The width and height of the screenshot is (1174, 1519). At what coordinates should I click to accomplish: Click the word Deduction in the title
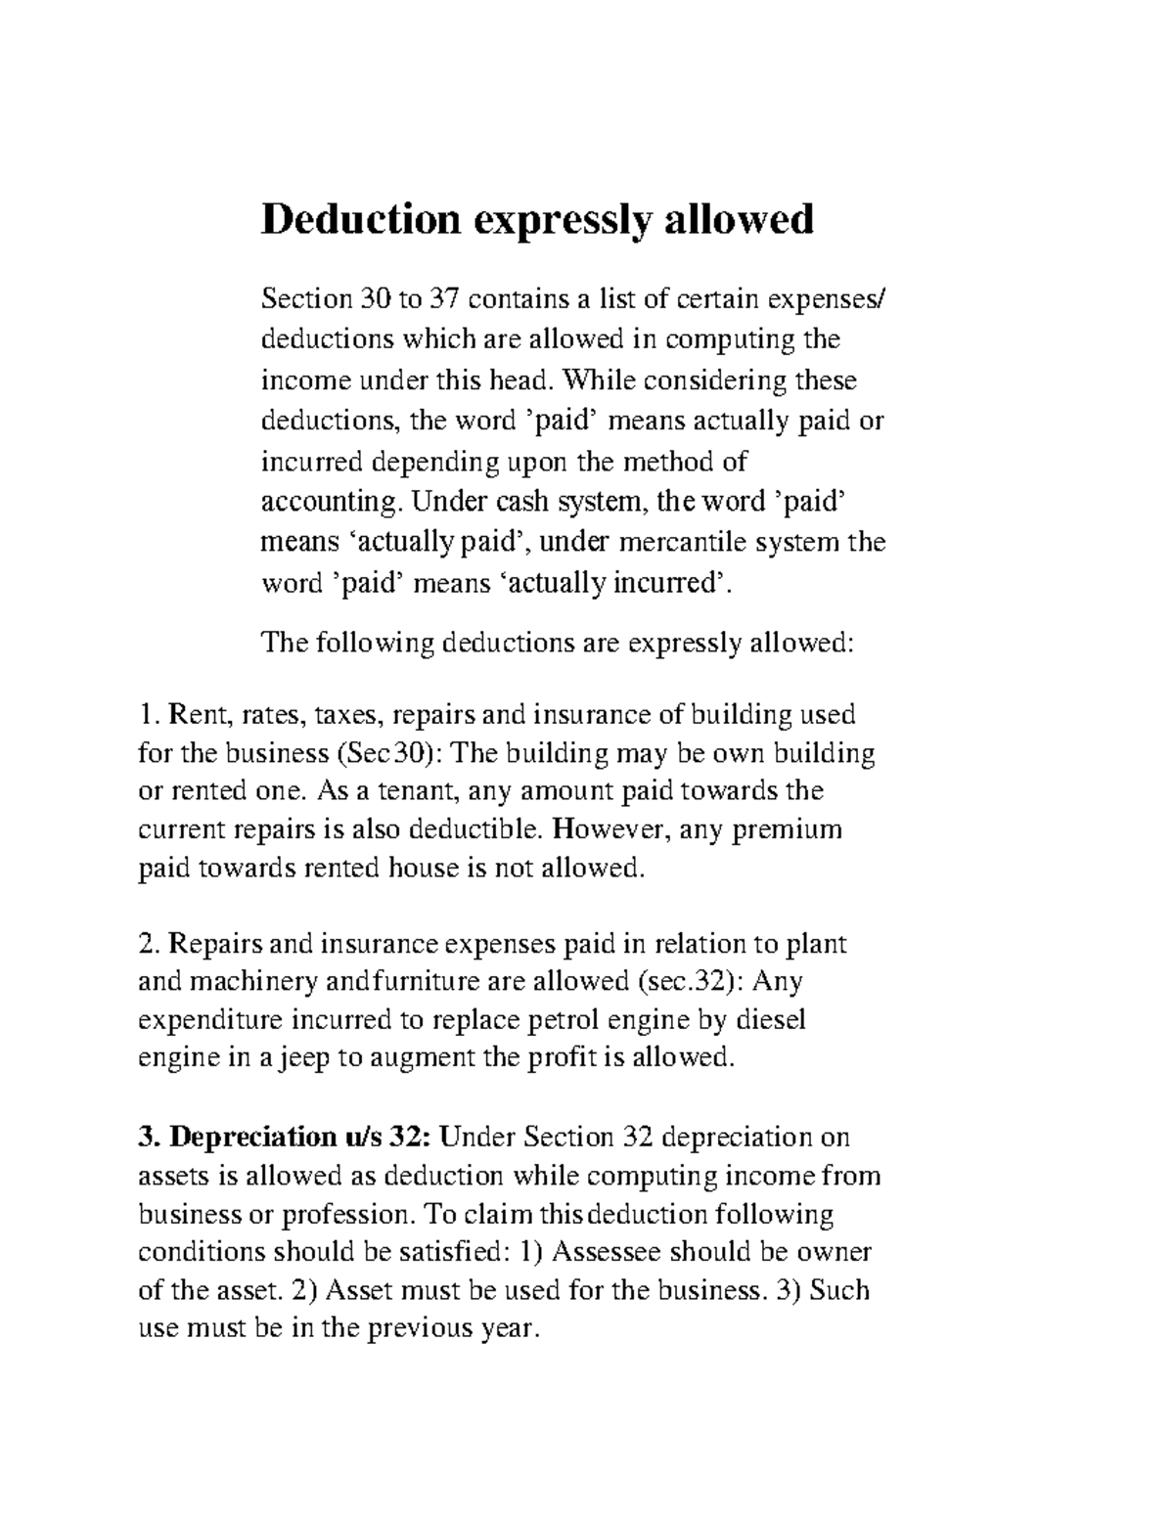pyautogui.click(x=360, y=219)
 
